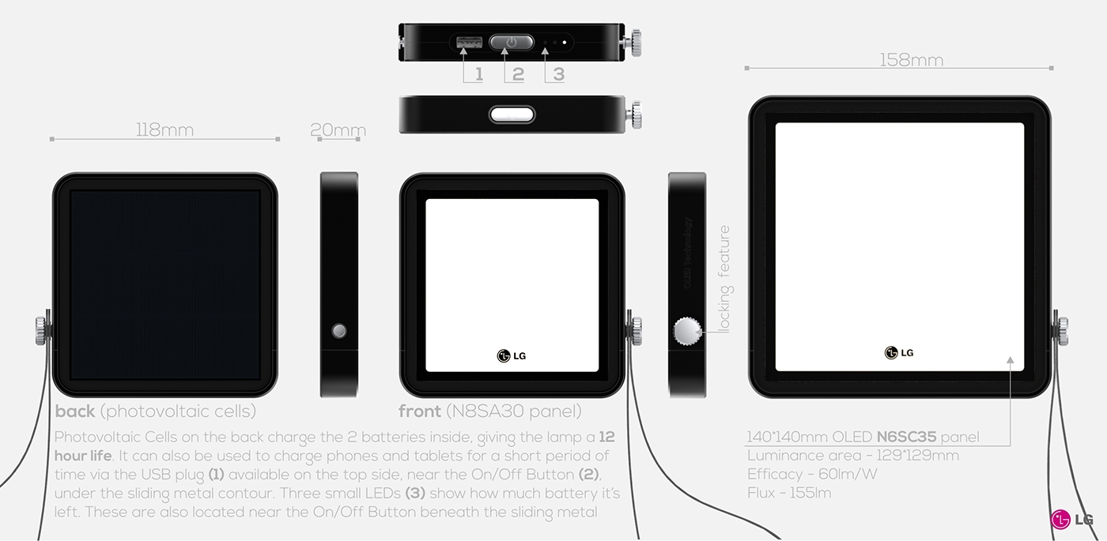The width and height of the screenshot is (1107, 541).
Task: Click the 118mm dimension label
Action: click(x=164, y=130)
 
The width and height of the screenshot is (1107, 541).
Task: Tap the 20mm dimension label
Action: click(x=338, y=130)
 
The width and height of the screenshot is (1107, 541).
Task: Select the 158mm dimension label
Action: click(x=911, y=60)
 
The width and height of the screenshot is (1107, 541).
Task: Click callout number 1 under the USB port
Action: click(x=478, y=74)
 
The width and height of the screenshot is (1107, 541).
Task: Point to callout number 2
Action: click(x=518, y=74)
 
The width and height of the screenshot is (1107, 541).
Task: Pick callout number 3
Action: click(x=558, y=74)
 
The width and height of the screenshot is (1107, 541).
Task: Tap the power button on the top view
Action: click(x=512, y=42)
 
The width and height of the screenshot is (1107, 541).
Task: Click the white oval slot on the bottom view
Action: click(x=512, y=115)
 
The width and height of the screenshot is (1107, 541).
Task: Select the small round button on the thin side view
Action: click(x=339, y=331)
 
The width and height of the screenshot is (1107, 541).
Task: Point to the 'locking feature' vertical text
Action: click(x=724, y=279)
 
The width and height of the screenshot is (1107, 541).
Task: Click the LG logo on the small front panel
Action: click(x=512, y=355)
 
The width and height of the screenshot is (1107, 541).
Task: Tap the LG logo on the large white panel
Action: click(x=899, y=352)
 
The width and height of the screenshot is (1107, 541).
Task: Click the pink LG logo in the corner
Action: click(x=1071, y=519)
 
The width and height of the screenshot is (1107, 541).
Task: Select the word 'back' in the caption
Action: click(x=75, y=411)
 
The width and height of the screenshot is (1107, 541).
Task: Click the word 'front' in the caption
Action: click(x=420, y=411)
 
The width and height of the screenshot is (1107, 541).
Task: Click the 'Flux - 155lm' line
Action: click(x=788, y=493)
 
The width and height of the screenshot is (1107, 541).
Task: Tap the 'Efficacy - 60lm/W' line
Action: click(x=812, y=474)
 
